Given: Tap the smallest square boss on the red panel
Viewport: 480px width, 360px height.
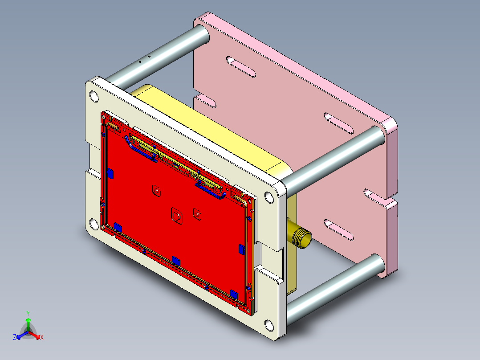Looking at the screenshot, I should tap(156, 190).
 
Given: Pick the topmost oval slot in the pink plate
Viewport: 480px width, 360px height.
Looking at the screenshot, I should tap(241, 66).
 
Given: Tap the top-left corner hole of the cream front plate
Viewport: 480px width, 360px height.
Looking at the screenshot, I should tap(94, 96).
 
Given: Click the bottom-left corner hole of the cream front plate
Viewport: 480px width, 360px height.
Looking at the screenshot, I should tap(93, 224).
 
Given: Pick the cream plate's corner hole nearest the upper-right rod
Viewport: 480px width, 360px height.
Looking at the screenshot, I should tap(269, 197).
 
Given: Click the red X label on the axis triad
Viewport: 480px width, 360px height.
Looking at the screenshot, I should tap(42, 337).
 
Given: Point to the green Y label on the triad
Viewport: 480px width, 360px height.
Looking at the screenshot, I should tap(28, 313).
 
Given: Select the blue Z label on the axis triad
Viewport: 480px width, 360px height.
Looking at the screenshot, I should tap(15, 337).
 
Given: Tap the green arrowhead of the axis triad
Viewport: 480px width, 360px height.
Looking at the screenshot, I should tap(28, 320).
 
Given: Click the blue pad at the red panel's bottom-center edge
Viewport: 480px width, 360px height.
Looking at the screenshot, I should tap(176, 260).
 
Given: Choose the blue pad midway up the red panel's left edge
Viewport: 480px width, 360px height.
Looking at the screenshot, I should tap(110, 173).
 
